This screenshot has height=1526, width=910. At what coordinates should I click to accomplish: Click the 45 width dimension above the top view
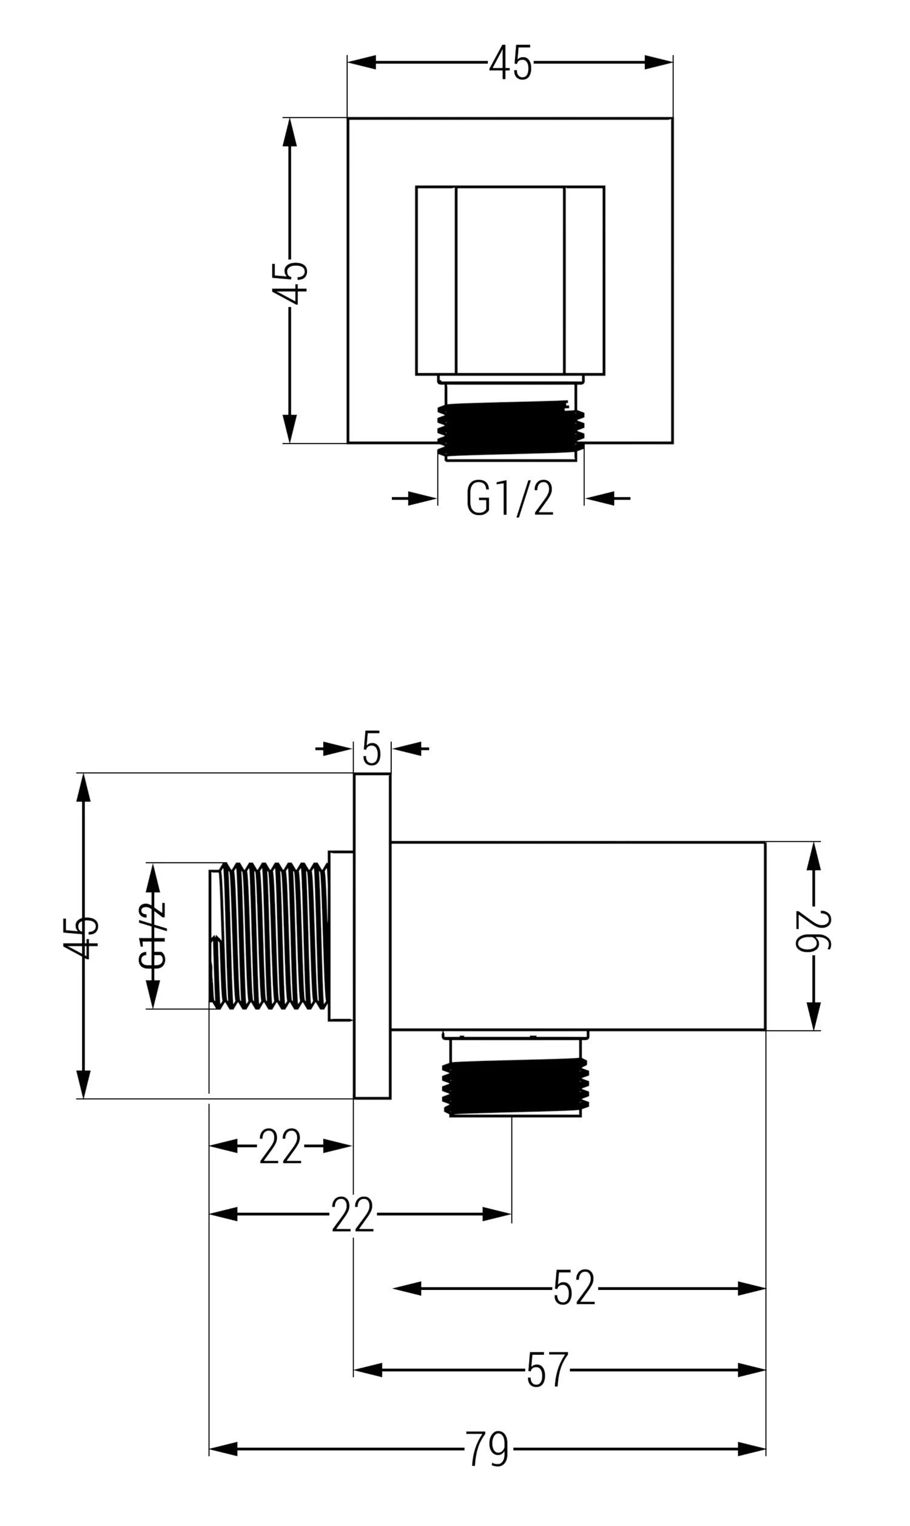(x=510, y=63)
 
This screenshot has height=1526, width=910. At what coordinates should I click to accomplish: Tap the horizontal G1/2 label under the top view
(x=510, y=498)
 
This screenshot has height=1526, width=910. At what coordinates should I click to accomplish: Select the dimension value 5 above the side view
(x=372, y=748)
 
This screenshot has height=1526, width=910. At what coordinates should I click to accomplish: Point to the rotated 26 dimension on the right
(x=813, y=931)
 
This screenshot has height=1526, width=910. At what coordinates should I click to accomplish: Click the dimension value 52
(x=574, y=1288)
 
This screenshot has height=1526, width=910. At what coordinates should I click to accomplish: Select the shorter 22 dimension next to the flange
(x=280, y=1146)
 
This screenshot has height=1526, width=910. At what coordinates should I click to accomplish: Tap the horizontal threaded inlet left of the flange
(x=270, y=935)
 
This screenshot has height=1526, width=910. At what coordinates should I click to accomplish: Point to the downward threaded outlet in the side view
(x=515, y=1089)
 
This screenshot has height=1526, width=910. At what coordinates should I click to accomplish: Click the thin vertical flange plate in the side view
(x=372, y=935)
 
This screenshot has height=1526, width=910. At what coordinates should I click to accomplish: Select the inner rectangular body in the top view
(x=510, y=280)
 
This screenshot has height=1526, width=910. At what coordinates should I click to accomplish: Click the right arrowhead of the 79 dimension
(x=751, y=1449)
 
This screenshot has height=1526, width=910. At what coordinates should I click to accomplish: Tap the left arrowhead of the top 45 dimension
(x=362, y=63)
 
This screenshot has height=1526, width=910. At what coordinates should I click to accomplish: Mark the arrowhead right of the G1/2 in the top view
(x=600, y=498)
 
